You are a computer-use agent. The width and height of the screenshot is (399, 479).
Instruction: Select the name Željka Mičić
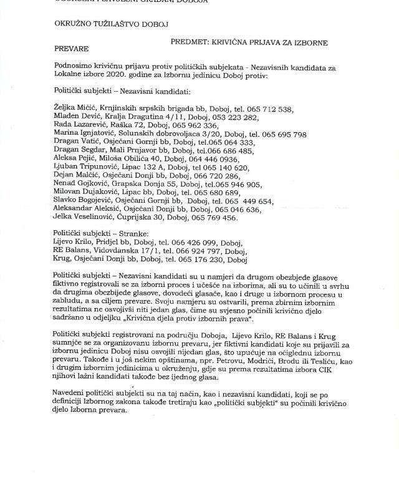click(x=76, y=109)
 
